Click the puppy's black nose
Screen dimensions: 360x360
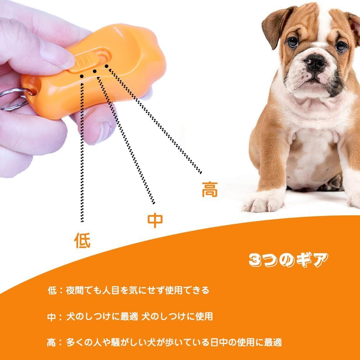pos(315,62)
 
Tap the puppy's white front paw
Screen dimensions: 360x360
pos(264,202)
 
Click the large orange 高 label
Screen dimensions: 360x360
pos(210,189)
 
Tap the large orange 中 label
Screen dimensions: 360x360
pos(155,220)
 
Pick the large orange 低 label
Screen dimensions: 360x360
pos(82,240)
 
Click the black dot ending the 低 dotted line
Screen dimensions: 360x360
pos(82,76)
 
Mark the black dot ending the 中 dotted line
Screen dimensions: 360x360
pos(95,71)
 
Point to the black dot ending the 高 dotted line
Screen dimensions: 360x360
pos(107,66)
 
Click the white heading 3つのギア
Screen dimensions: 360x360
pos(288,260)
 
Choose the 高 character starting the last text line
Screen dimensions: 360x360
pos(51,343)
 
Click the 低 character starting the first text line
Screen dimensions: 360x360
pos(52,290)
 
